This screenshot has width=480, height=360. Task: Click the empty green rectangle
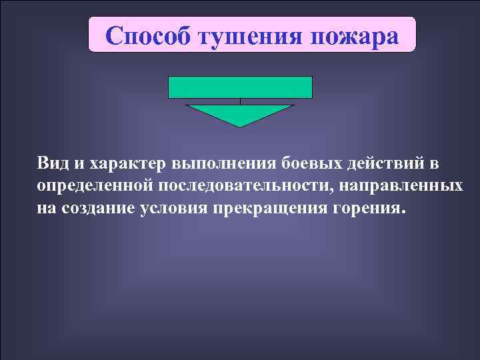click(240, 87)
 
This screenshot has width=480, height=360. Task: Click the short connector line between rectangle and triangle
click(240, 101)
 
